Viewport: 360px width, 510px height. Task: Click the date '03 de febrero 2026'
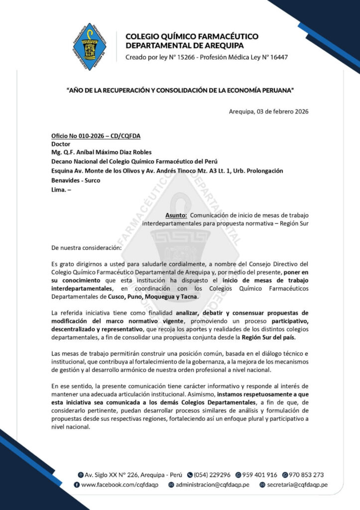282,111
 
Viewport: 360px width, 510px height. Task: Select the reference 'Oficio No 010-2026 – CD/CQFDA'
92,136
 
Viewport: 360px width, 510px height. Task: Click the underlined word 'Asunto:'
176,215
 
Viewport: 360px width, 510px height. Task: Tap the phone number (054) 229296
213,475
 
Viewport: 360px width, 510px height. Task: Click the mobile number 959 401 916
259,475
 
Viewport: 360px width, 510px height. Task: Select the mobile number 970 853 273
306,475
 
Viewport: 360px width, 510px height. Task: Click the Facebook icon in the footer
77,484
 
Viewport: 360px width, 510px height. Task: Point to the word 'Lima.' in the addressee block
60,189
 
